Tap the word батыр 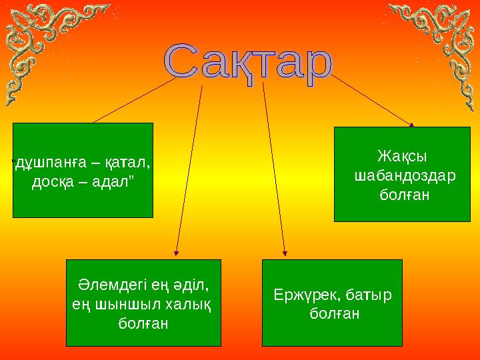tap(367, 295)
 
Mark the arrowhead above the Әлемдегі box tap(176, 252)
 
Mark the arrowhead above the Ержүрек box tap(285, 252)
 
